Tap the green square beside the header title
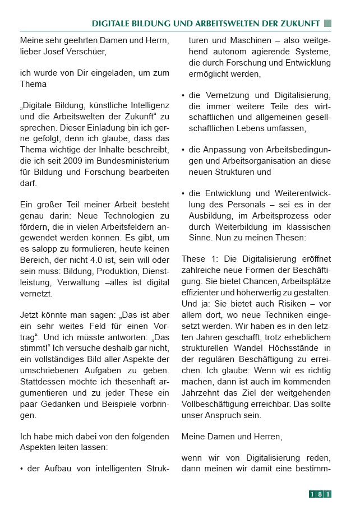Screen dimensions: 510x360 (327, 23)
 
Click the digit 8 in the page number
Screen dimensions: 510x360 (320, 494)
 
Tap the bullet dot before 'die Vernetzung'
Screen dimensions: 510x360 (183, 95)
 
